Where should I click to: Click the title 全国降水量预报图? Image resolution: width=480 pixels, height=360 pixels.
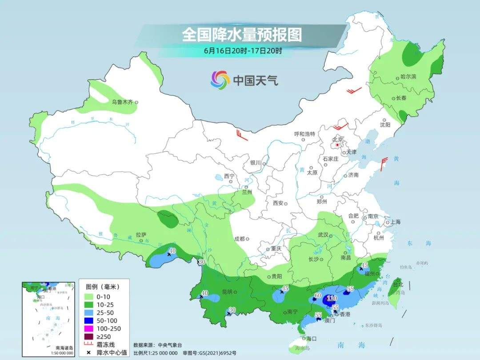(x=242, y=34)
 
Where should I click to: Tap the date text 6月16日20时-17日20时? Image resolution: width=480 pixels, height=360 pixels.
(x=243, y=51)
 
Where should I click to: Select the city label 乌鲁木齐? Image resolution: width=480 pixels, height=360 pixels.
(x=122, y=102)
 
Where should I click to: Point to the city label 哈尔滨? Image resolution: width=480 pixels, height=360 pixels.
(x=408, y=76)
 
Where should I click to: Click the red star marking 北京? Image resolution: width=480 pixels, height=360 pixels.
(x=337, y=145)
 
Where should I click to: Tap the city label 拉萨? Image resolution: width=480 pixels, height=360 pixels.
(x=141, y=234)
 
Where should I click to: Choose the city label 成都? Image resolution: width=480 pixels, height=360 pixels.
(x=239, y=239)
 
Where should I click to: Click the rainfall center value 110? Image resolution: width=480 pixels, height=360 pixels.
(x=332, y=298)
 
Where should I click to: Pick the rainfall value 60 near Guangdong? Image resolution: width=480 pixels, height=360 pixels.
(x=318, y=296)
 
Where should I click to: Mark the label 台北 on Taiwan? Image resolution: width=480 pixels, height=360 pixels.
(x=398, y=284)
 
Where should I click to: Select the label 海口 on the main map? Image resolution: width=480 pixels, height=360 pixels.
(x=312, y=339)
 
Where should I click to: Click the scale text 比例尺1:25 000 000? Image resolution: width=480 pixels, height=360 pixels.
(x=155, y=352)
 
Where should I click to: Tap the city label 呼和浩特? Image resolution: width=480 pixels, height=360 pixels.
(x=304, y=134)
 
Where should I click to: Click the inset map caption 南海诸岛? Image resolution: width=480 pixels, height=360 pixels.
(x=64, y=348)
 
